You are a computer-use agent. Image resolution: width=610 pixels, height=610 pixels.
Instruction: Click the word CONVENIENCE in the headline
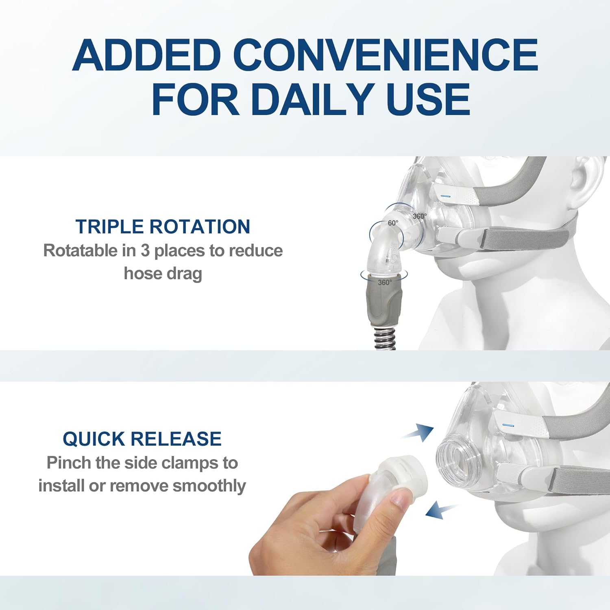386,55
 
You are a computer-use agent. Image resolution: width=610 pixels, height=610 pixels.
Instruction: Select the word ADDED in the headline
146,55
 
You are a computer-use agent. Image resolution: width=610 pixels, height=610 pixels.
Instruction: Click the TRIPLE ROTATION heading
163,227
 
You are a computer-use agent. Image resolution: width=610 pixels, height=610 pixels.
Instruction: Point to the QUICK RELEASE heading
142,439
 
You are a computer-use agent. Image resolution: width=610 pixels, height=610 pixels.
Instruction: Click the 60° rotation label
393,223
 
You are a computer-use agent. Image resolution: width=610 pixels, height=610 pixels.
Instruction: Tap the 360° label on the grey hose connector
385,282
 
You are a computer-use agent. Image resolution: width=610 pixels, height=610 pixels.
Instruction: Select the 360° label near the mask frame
420,216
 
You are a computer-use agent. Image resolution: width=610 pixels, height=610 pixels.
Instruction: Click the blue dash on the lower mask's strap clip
508,425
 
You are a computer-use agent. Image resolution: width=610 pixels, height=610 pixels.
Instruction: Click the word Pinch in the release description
69,463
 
